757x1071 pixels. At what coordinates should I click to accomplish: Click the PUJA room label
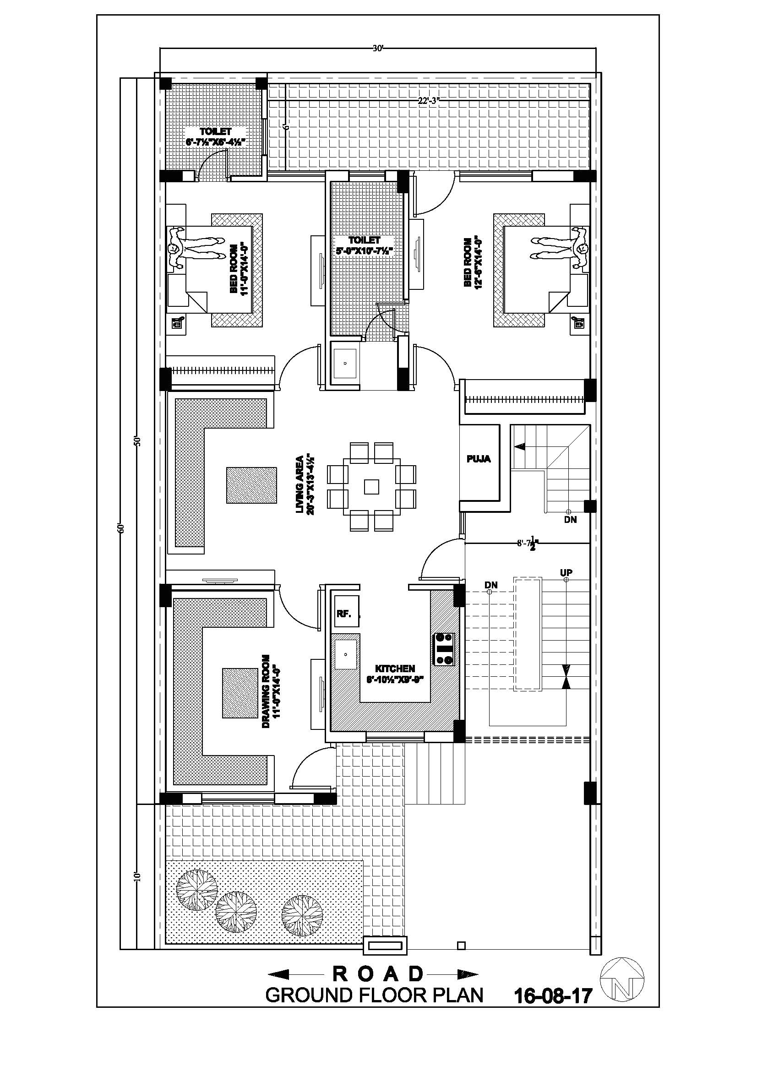point(479,459)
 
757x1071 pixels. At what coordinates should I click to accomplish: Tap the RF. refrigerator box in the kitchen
point(345,614)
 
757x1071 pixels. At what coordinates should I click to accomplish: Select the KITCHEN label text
point(395,669)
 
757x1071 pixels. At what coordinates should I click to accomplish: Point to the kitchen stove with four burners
point(444,649)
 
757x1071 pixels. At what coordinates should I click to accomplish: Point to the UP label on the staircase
point(566,572)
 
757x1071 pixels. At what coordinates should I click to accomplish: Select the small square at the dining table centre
point(372,487)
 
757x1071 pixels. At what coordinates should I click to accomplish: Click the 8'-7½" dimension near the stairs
point(528,544)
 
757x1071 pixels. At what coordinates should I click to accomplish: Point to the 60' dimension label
point(122,528)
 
